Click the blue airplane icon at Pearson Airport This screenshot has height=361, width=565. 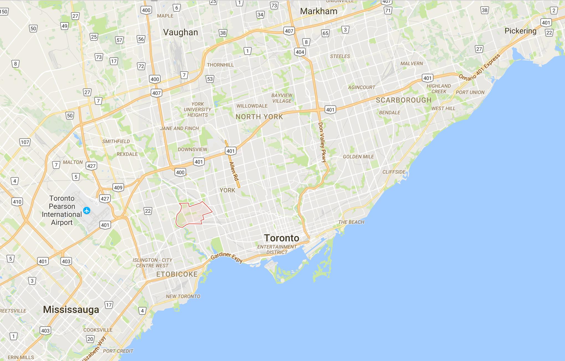point(87,210)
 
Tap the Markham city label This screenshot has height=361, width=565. point(319,11)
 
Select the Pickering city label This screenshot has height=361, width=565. point(520,31)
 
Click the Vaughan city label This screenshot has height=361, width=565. point(181,32)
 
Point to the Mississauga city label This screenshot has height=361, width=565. point(71,310)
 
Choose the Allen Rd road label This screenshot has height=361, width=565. point(234,171)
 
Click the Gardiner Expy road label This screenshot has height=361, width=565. point(227,257)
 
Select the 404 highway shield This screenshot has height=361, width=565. point(300,52)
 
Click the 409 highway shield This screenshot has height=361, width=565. point(118,187)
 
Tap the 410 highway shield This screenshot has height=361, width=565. point(17,202)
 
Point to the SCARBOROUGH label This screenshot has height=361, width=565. point(404,100)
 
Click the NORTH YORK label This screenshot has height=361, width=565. point(259,117)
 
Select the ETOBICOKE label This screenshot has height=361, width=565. point(177,274)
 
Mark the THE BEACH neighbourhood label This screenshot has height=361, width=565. point(351,222)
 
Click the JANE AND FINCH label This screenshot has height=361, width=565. point(179,128)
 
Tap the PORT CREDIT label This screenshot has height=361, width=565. point(118,351)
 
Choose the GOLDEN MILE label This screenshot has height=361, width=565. point(358,157)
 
